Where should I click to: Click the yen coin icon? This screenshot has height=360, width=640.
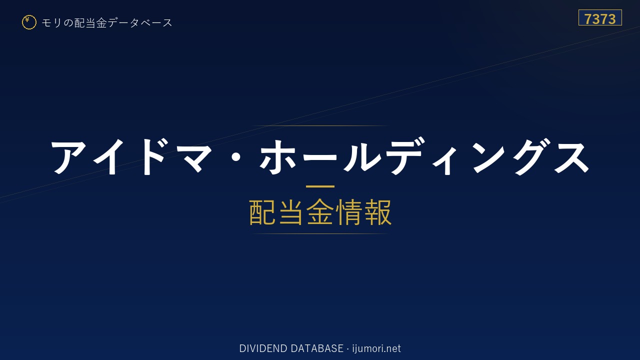point(29,22)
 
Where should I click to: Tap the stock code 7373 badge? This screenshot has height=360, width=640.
point(600,17)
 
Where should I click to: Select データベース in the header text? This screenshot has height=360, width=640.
point(140,23)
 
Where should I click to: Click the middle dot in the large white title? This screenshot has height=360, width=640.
point(236,157)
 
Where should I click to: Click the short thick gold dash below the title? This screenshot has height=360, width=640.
point(320,186)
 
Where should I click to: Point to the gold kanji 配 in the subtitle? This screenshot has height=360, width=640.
point(262,212)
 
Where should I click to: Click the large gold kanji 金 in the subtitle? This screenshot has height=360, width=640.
point(319,212)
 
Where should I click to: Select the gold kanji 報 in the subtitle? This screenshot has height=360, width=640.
point(378,212)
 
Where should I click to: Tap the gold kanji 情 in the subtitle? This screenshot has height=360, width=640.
point(348,212)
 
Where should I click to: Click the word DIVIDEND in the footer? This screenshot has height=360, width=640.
point(263,348)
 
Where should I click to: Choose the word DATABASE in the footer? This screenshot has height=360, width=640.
point(317,348)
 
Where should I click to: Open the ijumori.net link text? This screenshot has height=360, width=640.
point(376,348)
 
